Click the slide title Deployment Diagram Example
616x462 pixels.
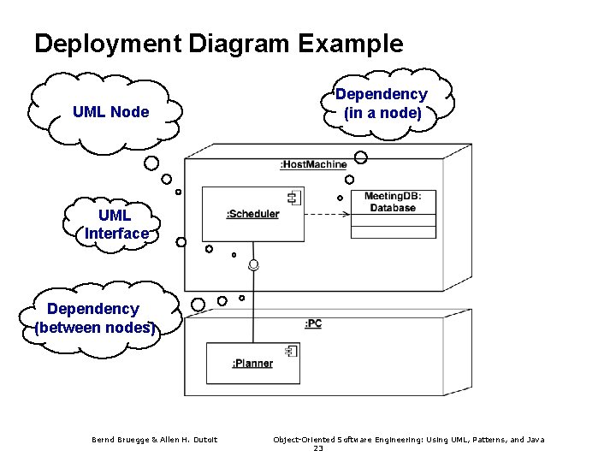click(x=218, y=44)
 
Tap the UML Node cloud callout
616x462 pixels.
click(x=110, y=112)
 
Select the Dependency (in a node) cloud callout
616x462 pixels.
click(x=382, y=104)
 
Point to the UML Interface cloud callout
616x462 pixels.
click(x=115, y=224)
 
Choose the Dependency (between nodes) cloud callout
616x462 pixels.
click(x=94, y=317)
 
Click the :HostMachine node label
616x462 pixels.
click(x=313, y=164)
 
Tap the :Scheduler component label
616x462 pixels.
click(x=252, y=214)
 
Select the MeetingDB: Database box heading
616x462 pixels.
click(x=393, y=202)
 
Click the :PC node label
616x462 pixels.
click(x=313, y=324)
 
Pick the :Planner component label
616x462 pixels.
click(x=252, y=364)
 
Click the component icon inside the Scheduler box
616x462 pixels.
click(x=293, y=198)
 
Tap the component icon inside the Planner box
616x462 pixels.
click(x=290, y=352)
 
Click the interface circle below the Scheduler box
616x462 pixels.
click(x=253, y=264)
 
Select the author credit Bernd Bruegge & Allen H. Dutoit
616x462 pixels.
click(x=155, y=440)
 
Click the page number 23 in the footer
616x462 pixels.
click(x=318, y=448)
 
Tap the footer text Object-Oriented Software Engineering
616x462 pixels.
click(x=408, y=440)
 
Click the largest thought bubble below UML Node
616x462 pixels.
click(x=151, y=163)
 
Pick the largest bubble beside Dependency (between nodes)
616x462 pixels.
click(x=198, y=305)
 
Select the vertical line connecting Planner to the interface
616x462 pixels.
click(x=252, y=308)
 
